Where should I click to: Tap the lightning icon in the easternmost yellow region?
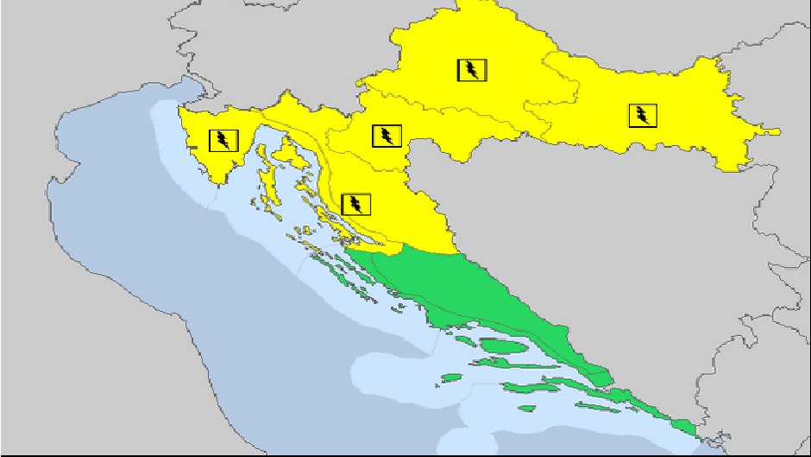coord(642,115)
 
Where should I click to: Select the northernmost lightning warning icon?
coord(471,70)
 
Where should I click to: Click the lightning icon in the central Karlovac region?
coord(386,136)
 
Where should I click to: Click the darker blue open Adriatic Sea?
coord(129,259)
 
